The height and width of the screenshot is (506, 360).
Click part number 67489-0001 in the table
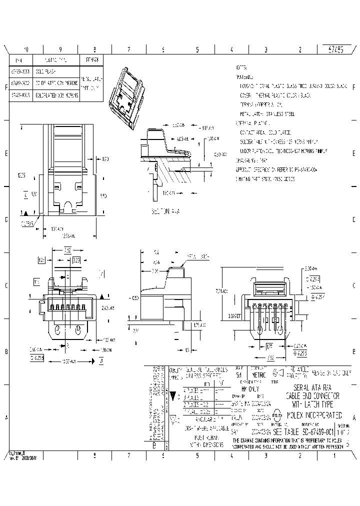click(x=19, y=71)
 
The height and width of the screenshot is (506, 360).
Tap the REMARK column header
click(x=92, y=59)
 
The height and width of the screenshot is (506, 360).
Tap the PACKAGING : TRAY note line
click(x=252, y=160)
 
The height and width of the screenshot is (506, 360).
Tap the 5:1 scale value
click(x=238, y=374)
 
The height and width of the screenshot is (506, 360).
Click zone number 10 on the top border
click(x=26, y=50)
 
